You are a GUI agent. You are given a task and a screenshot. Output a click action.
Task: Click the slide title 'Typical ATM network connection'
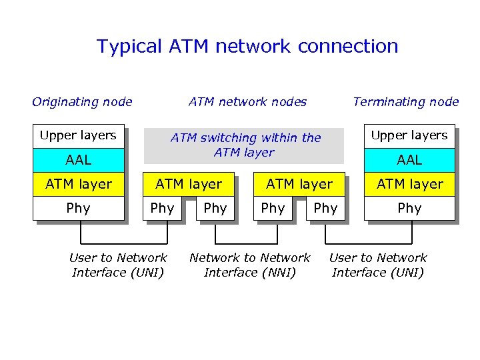click(247, 47)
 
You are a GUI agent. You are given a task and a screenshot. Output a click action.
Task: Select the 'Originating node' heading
click(82, 102)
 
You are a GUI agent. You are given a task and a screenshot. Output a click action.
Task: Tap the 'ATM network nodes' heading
click(247, 102)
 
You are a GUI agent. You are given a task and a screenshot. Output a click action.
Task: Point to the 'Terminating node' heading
click(405, 102)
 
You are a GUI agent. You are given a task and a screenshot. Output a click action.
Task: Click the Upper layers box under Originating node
click(77, 135)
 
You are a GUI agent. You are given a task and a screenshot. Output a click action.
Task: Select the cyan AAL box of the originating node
click(77, 160)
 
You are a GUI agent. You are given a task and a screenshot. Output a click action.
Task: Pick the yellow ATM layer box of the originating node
click(77, 184)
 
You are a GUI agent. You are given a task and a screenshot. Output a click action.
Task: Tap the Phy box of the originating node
click(77, 208)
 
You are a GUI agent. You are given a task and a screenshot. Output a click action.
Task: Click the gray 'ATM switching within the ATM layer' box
click(245, 145)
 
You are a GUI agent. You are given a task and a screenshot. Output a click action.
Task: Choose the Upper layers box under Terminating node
click(409, 135)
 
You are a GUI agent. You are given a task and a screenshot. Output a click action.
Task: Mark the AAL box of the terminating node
click(409, 160)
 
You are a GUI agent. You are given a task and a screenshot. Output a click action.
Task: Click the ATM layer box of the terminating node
click(409, 184)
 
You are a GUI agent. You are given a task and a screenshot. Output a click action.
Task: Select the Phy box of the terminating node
click(409, 208)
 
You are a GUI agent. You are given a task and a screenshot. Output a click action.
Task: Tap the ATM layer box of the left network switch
click(188, 184)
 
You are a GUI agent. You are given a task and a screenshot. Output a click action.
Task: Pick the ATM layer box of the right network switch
click(299, 184)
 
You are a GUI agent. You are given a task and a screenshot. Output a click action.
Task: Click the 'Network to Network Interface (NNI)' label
click(250, 265)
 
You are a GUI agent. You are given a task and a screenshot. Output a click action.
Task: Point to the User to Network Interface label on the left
click(118, 265)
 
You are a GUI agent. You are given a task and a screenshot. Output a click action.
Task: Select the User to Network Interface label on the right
click(378, 265)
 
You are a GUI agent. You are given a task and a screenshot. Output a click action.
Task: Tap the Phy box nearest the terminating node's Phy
click(325, 208)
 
